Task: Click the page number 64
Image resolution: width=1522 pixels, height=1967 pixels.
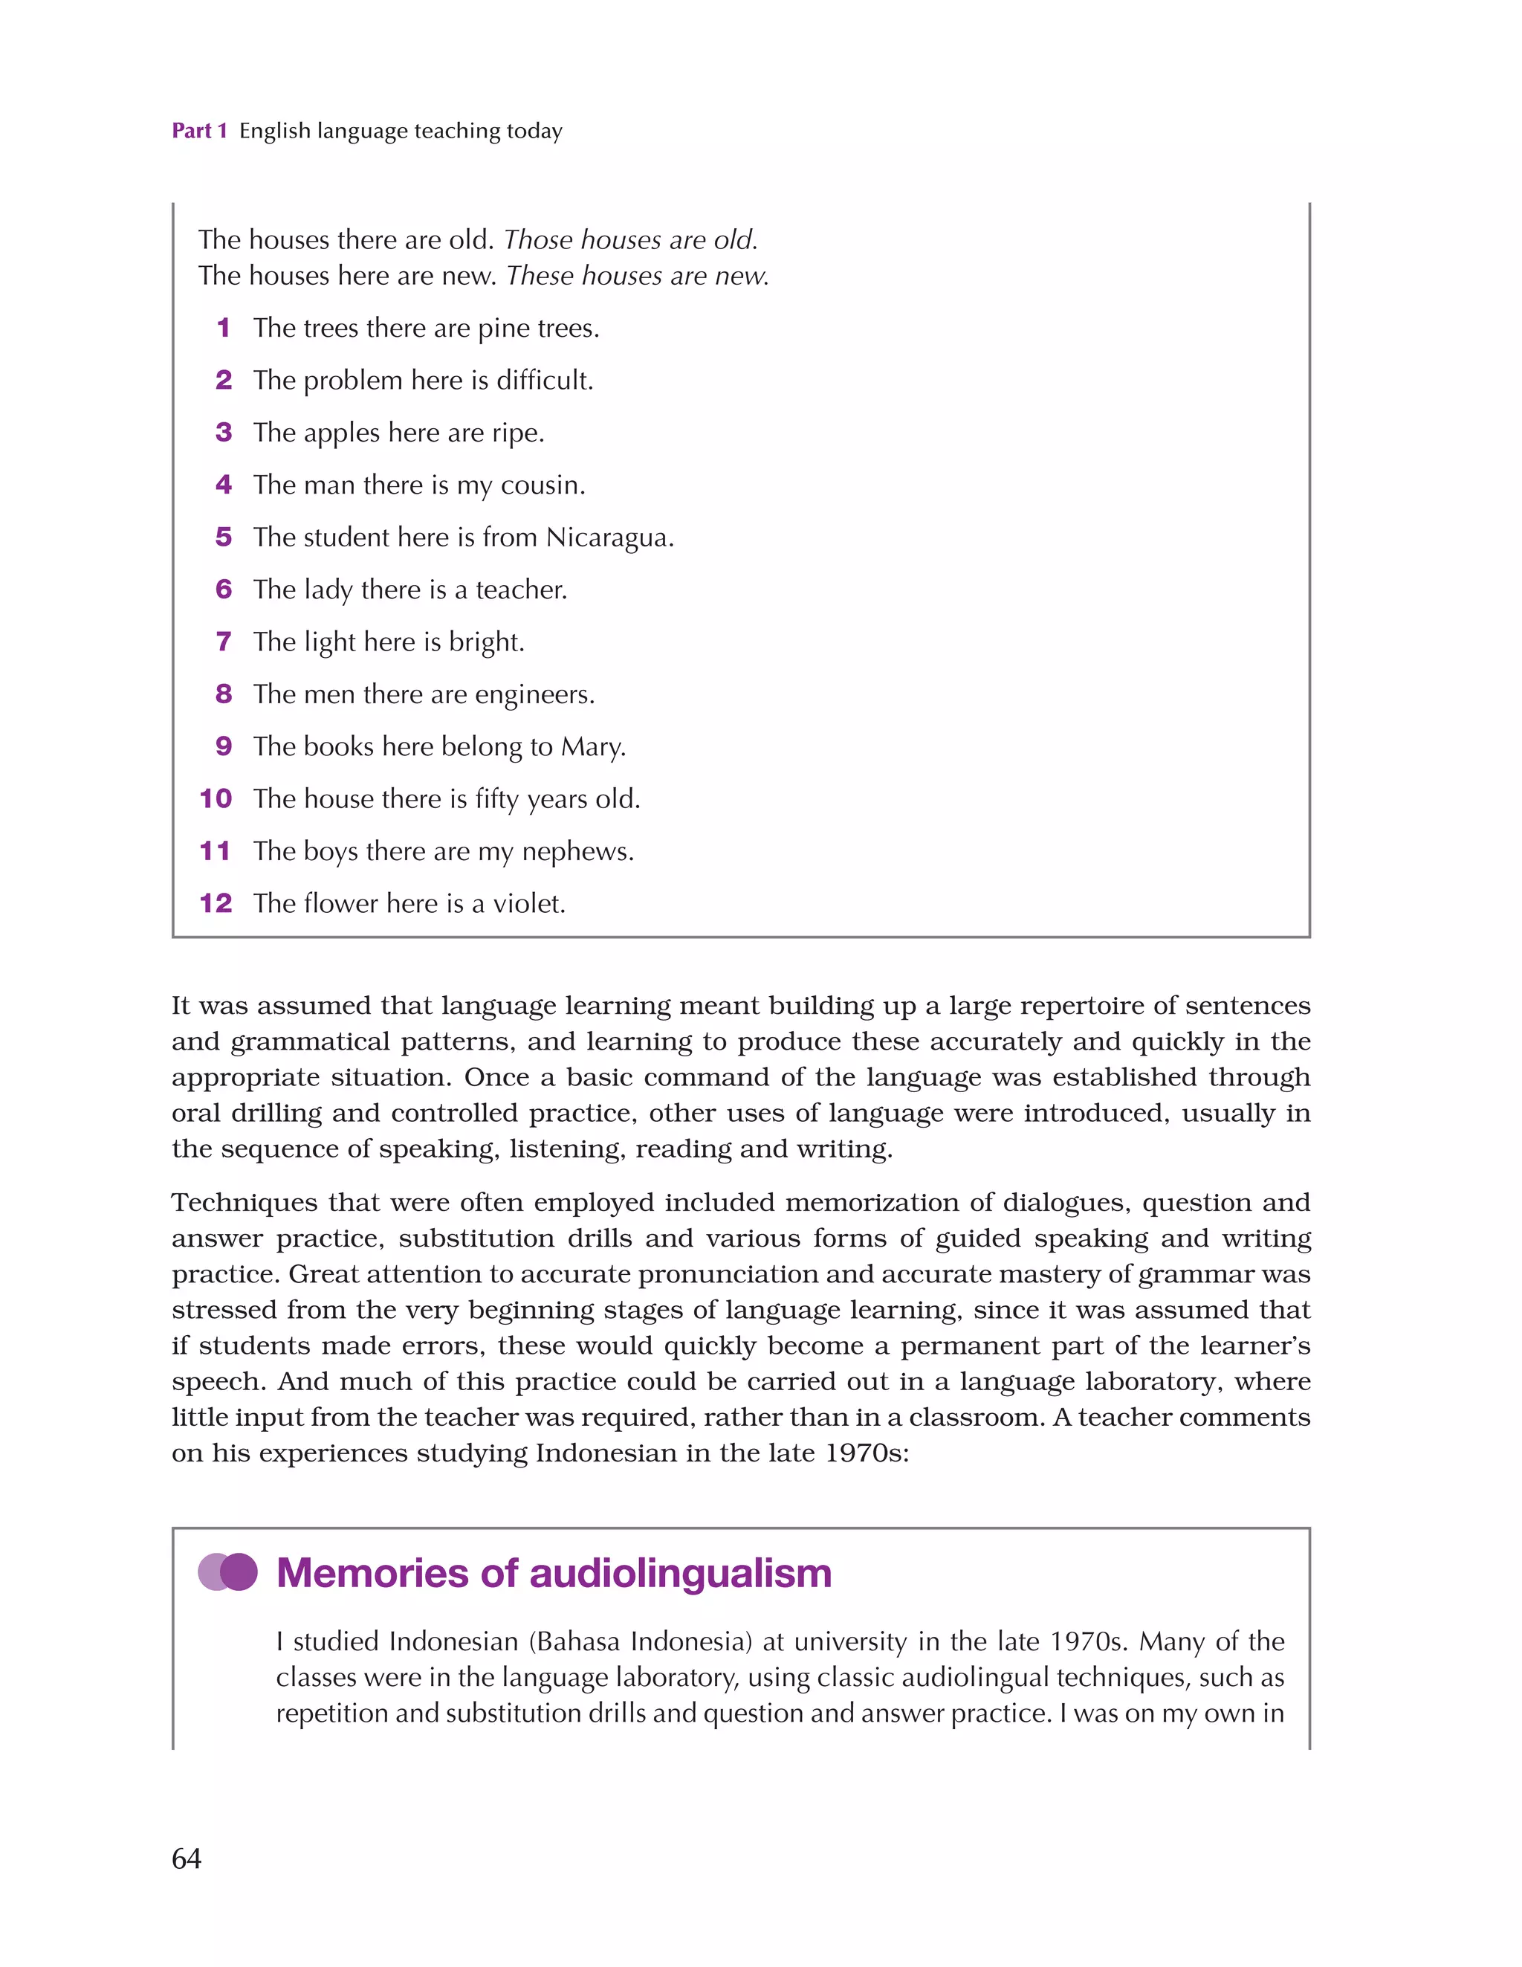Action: click(187, 1858)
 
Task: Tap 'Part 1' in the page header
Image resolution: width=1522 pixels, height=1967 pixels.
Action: click(199, 131)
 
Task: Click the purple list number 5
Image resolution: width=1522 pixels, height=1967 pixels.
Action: click(224, 537)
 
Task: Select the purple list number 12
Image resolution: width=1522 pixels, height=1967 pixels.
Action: click(216, 902)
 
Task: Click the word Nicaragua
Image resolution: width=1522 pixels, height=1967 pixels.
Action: click(609, 537)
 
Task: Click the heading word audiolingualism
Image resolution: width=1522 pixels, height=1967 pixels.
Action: click(680, 1572)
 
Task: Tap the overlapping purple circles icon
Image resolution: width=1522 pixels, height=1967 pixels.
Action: click(228, 1572)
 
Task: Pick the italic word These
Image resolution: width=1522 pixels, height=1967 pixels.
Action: click(540, 276)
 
